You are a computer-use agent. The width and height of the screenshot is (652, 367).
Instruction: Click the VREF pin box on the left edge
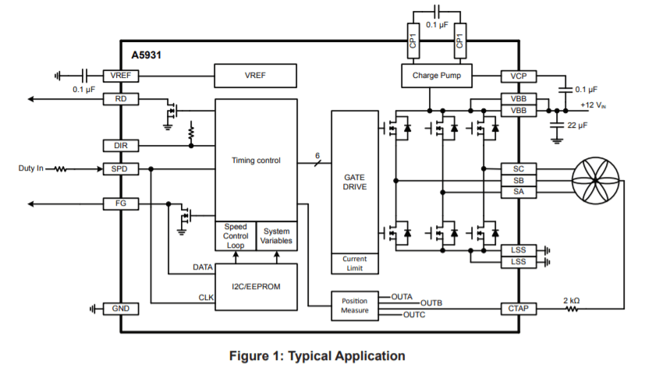pos(121,76)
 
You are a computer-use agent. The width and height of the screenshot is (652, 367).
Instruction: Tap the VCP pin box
pos(519,76)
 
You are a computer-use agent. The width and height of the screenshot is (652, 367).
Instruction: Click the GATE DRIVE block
pos(354,182)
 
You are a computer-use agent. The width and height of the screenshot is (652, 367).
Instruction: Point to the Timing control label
pos(256,161)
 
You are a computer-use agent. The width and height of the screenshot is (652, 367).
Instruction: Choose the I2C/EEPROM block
pos(256,286)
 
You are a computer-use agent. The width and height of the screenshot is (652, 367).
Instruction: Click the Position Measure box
pos(354,306)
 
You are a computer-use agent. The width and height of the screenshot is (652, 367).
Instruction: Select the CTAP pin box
pos(519,309)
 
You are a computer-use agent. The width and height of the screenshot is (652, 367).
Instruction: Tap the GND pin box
pos(121,309)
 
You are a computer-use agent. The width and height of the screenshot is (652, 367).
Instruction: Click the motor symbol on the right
pos(597,180)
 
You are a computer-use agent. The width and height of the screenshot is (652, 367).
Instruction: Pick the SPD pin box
pos(121,168)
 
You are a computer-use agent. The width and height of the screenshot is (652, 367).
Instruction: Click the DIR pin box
pos(121,145)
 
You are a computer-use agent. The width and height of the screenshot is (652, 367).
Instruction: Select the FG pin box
pos(121,203)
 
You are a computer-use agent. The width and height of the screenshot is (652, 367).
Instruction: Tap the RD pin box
pos(121,99)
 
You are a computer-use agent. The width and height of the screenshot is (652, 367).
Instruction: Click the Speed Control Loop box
pos(235,236)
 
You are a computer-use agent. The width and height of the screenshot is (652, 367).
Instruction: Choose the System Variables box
pos(277,236)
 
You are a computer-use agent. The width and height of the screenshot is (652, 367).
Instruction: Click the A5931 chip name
pos(147,55)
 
